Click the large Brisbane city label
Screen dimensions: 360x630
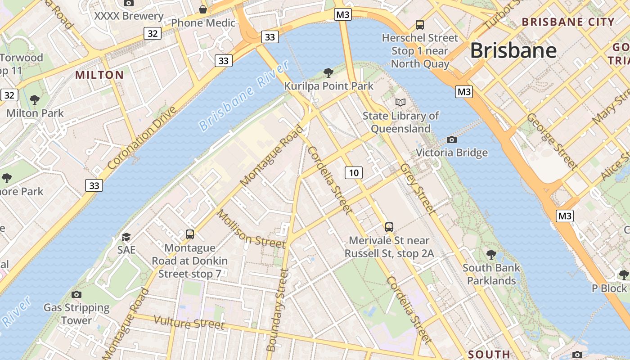(513, 50)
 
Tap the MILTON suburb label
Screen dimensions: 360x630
(99, 75)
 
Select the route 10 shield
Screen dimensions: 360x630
(354, 172)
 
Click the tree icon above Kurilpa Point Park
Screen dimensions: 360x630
(328, 72)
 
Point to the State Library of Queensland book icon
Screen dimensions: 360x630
(400, 103)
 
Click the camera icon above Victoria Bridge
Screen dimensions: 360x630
(452, 139)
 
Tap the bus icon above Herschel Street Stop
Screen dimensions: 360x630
(420, 25)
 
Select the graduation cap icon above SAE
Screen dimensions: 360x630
(126, 237)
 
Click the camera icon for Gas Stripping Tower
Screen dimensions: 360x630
(76, 294)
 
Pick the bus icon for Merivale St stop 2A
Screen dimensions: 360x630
(389, 227)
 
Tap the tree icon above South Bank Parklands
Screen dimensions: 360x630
(491, 255)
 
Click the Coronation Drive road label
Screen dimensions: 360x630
(142, 138)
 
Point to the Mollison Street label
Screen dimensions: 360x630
(251, 229)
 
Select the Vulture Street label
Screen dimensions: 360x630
(189, 322)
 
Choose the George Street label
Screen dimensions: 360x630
(552, 141)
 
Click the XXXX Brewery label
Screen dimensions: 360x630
(129, 16)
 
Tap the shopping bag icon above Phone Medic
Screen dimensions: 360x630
(203, 9)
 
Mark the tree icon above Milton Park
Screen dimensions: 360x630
(35, 100)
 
